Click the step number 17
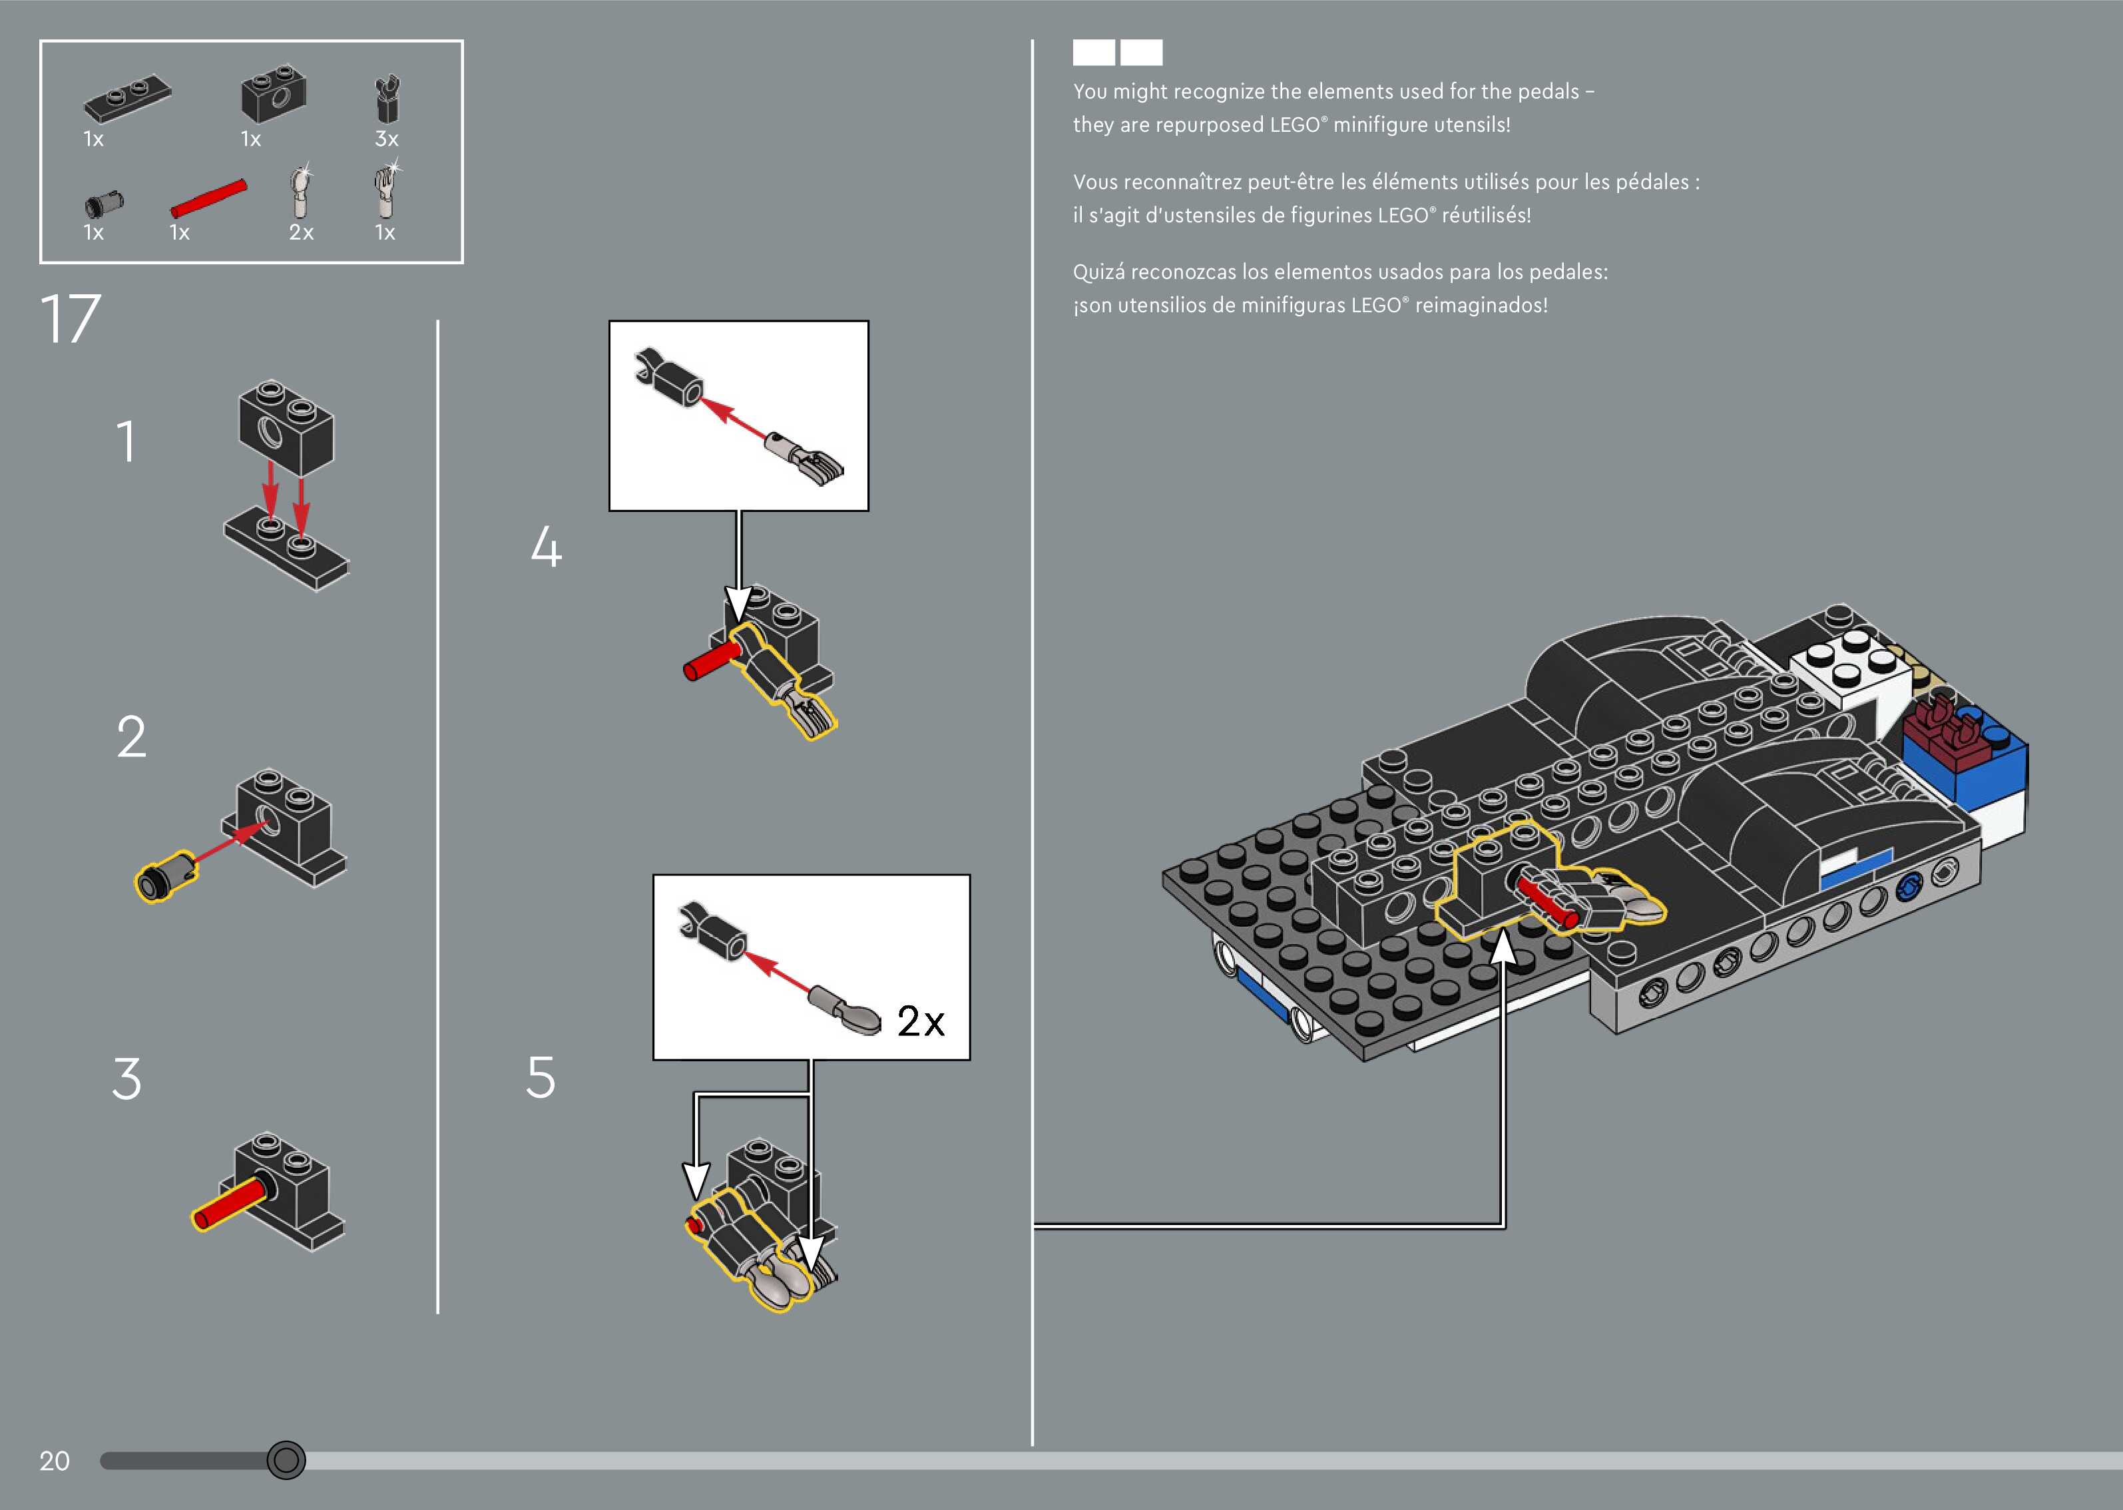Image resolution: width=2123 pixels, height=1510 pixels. point(70,319)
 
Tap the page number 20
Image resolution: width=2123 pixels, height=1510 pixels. point(54,1461)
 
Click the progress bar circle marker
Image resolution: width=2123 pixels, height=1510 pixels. point(286,1460)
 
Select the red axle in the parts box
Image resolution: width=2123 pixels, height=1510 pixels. point(208,198)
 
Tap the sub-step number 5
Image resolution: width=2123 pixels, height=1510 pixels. point(541,1078)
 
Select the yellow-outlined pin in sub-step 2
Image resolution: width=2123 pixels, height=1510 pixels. point(164,876)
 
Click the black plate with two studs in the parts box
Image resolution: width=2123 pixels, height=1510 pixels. point(127,97)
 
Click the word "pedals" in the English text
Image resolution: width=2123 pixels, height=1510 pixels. point(1550,91)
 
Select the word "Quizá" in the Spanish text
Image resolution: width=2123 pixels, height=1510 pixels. point(1098,272)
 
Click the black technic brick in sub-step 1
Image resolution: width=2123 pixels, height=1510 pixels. point(286,427)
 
